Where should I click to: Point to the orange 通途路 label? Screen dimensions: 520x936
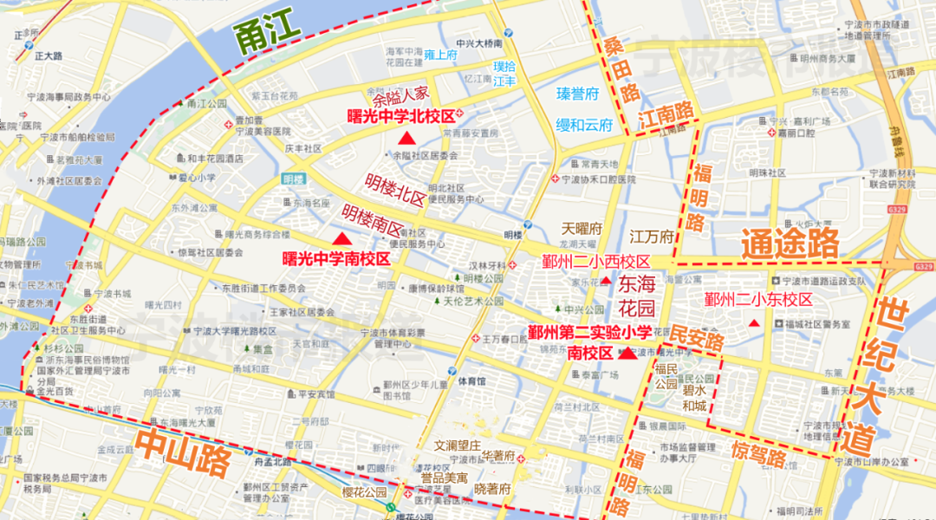[x=790, y=244]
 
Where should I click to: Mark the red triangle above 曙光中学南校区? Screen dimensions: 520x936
[x=343, y=238]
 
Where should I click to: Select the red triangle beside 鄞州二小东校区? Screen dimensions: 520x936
[x=754, y=323]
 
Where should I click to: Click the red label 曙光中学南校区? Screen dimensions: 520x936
[x=337, y=258]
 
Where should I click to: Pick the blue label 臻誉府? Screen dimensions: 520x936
[x=578, y=94]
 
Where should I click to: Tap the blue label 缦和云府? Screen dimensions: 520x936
[x=584, y=125]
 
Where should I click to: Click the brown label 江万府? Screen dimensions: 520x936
[x=652, y=237]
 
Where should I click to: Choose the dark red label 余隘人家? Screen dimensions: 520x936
[x=401, y=95]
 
